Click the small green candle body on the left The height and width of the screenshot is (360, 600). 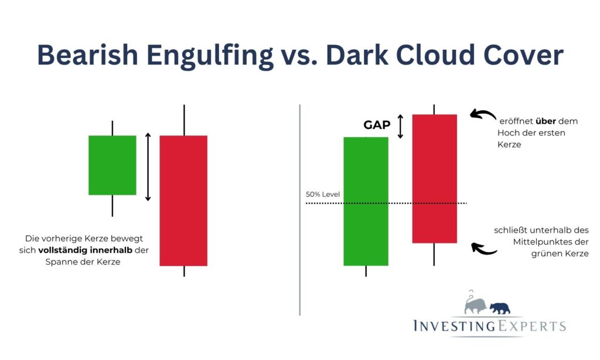[112, 165]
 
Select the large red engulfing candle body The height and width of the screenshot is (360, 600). [183, 201]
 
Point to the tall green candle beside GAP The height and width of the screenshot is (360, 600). [366, 201]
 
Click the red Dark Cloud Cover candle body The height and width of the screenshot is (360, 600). [434, 178]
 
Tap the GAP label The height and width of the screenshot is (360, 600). [377, 125]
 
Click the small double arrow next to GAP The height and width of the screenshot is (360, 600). [401, 126]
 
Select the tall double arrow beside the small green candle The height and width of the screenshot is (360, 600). [148, 167]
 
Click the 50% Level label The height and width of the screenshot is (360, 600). [323, 194]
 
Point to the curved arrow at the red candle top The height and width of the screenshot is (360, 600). [483, 115]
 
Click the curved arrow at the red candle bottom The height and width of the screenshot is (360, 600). [484, 249]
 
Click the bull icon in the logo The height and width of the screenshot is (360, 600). [475, 304]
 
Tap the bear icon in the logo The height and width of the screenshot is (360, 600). [500, 307]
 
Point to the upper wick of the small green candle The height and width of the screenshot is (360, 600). [112, 128]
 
